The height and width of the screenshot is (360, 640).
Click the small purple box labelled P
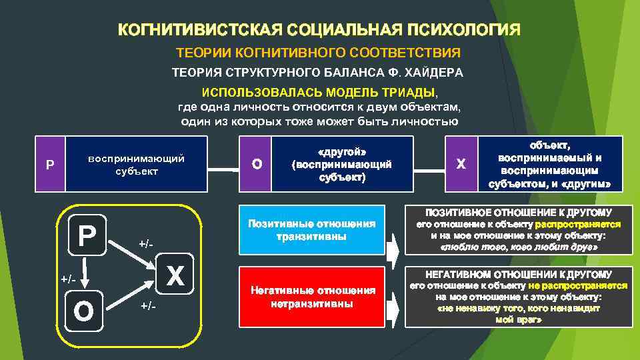point(50,164)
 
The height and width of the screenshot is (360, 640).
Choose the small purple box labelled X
point(461,164)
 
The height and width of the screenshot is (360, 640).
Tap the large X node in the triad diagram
point(175,274)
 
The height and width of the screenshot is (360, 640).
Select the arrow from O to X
point(133,293)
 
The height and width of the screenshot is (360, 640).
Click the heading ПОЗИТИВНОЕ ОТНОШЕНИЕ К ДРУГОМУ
point(519,211)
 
